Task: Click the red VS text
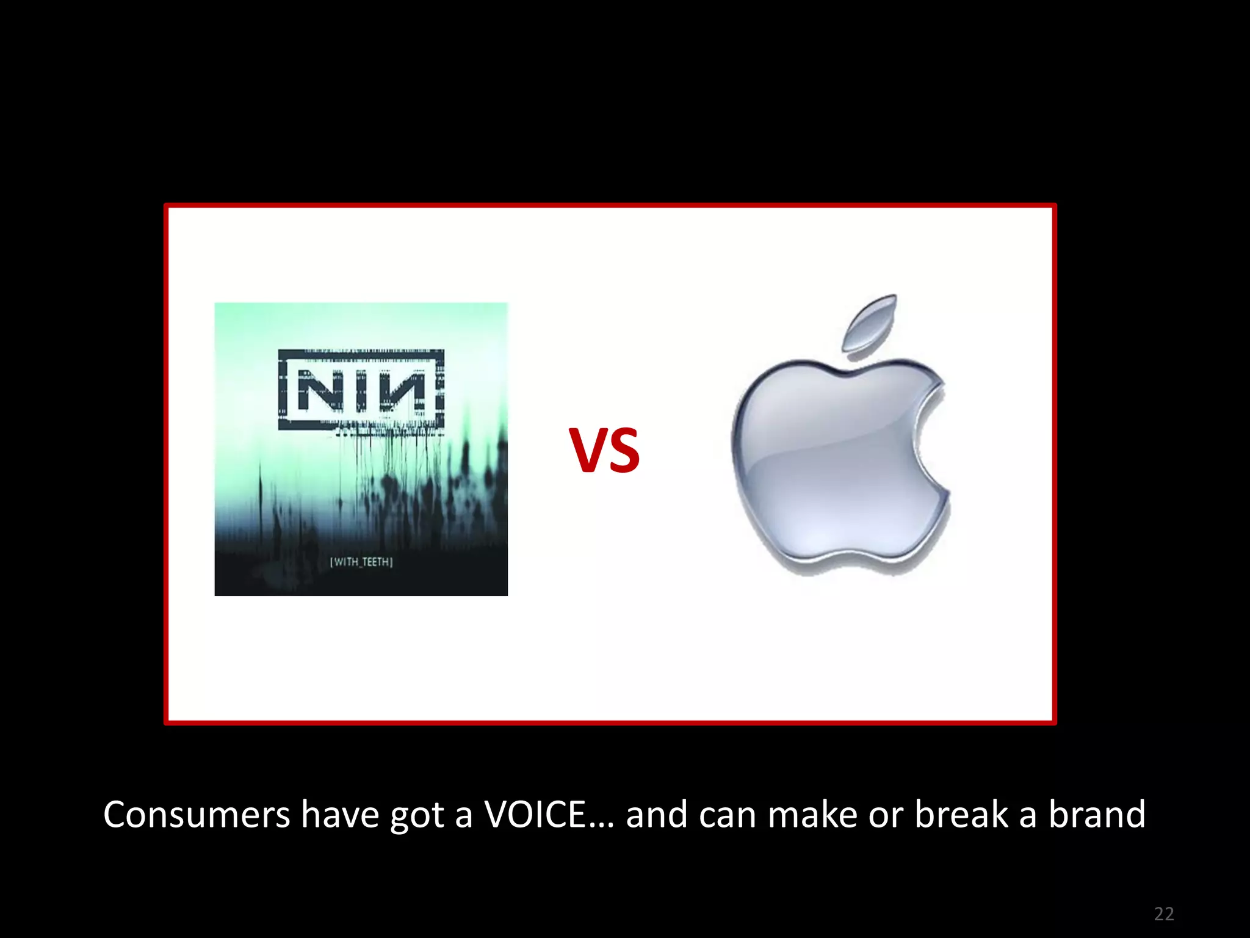pos(604,450)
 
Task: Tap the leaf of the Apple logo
pos(869,323)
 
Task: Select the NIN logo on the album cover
pos(361,390)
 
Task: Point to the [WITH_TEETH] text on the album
pos(361,562)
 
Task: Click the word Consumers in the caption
pos(197,815)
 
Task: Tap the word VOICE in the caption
pos(535,815)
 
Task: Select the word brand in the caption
pos(1097,815)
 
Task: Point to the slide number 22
pos(1164,914)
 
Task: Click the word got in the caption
pos(417,816)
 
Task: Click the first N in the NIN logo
pos(317,390)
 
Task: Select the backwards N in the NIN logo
pos(404,390)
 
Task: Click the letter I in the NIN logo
pos(360,390)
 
